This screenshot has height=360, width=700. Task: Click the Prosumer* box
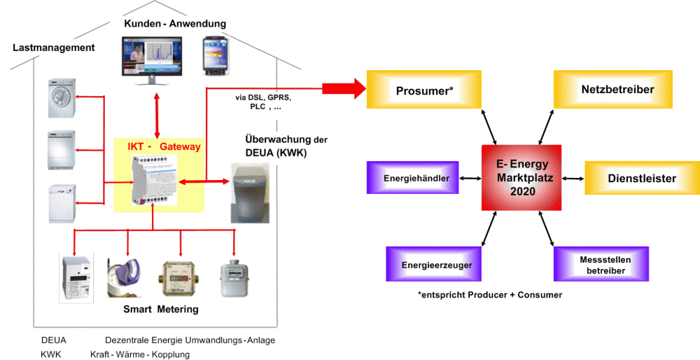(x=424, y=89)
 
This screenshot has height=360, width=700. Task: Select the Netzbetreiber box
(x=613, y=89)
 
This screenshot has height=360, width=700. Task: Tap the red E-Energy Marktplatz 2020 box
(x=521, y=177)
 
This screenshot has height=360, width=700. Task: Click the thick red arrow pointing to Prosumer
(x=344, y=89)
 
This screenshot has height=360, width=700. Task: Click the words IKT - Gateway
(x=164, y=147)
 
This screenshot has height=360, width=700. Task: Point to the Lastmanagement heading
(x=54, y=48)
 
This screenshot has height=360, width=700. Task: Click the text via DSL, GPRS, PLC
(x=263, y=102)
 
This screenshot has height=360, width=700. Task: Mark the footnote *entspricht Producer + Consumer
(x=489, y=295)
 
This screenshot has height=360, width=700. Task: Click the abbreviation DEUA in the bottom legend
(x=54, y=340)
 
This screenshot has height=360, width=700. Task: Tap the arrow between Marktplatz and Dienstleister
(x=574, y=178)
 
